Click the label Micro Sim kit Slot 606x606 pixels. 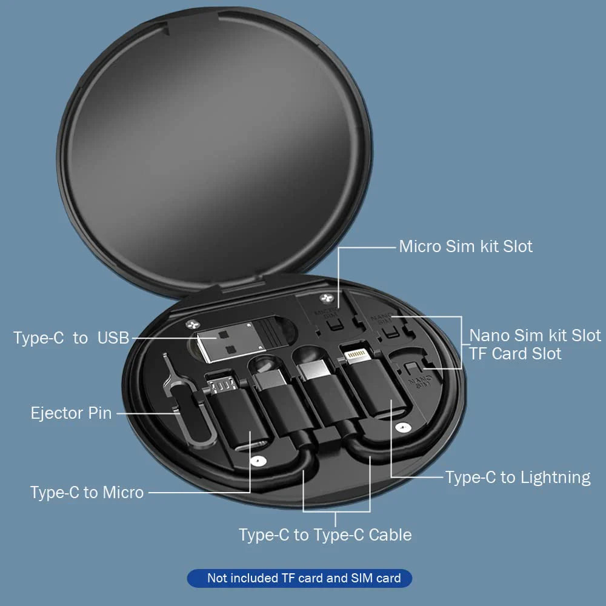[x=465, y=247]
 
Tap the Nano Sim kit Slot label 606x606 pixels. [x=535, y=335]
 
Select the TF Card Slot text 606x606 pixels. [x=515, y=353]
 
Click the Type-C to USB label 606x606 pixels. [x=72, y=338]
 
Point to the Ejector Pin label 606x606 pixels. [x=72, y=413]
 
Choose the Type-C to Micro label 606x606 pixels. [x=87, y=492]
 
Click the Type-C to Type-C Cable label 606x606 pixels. [x=325, y=534]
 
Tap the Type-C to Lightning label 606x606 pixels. [x=518, y=478]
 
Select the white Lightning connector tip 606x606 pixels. [x=356, y=353]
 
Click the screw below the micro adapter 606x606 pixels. [x=259, y=461]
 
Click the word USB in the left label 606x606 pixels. [x=113, y=338]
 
